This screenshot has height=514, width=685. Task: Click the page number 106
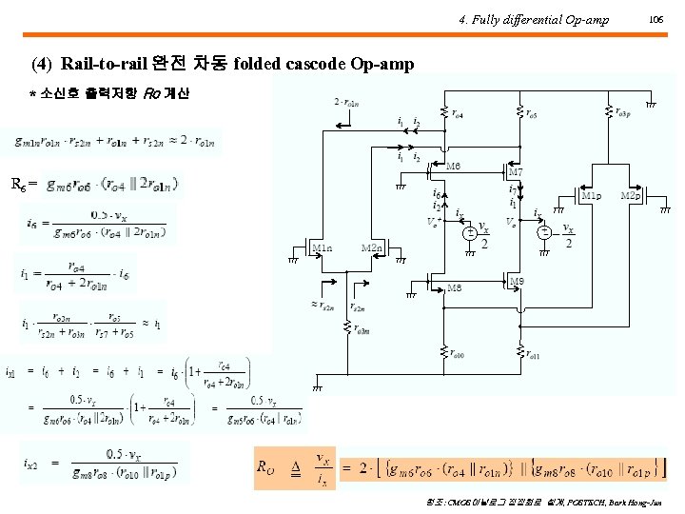coord(655,19)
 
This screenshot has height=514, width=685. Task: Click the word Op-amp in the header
coord(589,19)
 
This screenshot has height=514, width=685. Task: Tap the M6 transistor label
coord(454,165)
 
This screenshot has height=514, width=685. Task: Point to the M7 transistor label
coord(515,172)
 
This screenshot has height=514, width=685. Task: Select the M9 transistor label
coord(517,281)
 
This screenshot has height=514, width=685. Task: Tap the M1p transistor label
coord(591,196)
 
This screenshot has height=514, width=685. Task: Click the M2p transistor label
coord(630,196)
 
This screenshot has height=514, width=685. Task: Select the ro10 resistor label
coord(455,355)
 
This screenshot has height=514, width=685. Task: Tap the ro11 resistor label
coord(533,355)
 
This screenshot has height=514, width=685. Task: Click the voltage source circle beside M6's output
coord(468,232)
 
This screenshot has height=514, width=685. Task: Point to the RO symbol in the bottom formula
coord(267,466)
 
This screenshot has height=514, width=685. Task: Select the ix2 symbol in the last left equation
coord(32,463)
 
